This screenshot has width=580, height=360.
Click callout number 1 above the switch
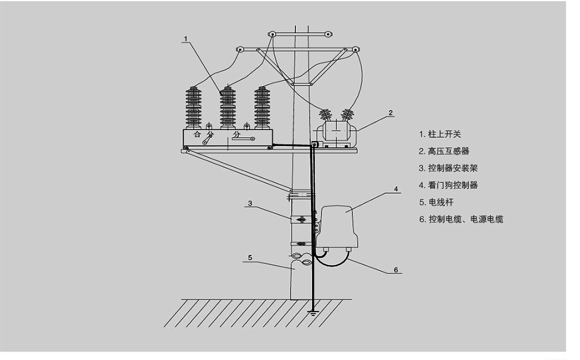(x=185, y=39)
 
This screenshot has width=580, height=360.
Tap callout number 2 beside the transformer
(x=390, y=112)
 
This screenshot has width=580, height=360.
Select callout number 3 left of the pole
(x=250, y=203)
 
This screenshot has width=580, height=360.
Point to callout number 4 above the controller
(x=395, y=190)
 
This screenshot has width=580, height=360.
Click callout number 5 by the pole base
(x=250, y=258)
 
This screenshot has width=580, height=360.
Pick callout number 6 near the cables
(x=395, y=269)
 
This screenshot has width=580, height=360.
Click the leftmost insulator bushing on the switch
(x=194, y=107)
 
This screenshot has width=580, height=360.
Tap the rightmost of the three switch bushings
(x=261, y=107)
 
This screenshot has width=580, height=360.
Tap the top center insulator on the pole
(x=272, y=34)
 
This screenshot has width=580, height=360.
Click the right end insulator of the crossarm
(x=355, y=49)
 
